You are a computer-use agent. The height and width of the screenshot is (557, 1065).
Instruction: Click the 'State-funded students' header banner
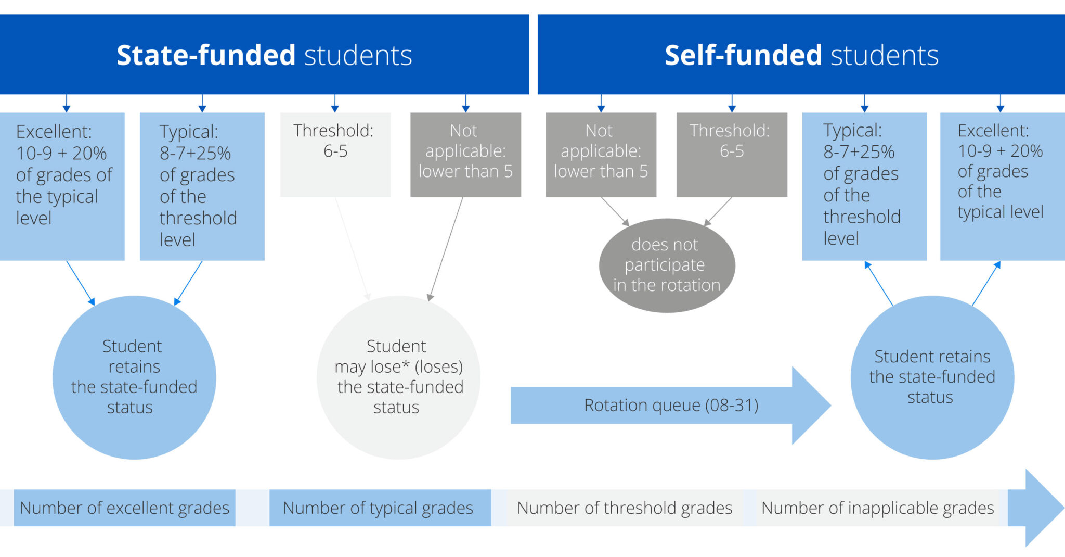pos(264,55)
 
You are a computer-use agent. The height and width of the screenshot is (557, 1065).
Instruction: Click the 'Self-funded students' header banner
pos(801,55)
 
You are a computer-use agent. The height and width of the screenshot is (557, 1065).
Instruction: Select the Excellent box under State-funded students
pos(62,186)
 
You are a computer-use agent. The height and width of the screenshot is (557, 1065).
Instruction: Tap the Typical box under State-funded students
pos(202,186)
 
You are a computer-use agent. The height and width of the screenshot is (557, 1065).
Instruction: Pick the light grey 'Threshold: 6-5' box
pos(335,155)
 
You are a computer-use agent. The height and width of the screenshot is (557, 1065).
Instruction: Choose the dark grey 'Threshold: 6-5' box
pos(731,155)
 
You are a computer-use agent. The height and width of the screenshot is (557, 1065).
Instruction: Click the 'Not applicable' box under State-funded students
pos(465,155)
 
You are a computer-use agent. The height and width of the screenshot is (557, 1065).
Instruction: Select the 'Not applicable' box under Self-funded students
pos(601,155)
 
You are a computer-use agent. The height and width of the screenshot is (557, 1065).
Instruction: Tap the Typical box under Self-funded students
pos(864,186)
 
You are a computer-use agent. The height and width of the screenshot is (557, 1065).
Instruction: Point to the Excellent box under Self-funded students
pos(1002,186)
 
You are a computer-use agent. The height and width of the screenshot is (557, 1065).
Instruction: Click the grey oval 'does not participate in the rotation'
pos(667,265)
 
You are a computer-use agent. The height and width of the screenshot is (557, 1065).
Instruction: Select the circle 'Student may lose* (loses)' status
pos(398,377)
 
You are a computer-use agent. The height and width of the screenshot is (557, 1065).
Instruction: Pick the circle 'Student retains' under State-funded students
pos(134,377)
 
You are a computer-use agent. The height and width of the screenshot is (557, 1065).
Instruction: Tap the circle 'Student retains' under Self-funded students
pos(932,377)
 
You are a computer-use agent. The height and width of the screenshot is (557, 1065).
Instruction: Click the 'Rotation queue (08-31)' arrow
pos(671,405)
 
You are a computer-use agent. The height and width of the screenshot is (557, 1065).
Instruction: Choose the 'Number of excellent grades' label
pos(124,508)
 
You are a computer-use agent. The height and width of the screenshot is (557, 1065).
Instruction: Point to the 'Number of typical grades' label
pos(379,508)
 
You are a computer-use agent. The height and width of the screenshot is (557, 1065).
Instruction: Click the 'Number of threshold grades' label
pos(624,508)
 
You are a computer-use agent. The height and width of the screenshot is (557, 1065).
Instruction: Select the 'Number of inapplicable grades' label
pos(877,508)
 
